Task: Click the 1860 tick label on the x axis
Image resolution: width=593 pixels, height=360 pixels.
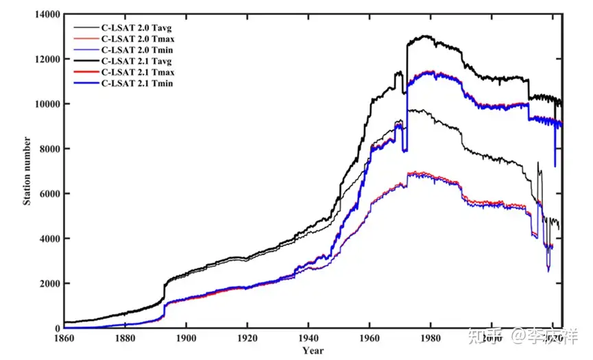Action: pos(63,338)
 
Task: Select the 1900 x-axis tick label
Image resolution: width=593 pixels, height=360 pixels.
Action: pos(185,338)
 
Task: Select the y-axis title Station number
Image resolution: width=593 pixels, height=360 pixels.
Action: pos(27,170)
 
